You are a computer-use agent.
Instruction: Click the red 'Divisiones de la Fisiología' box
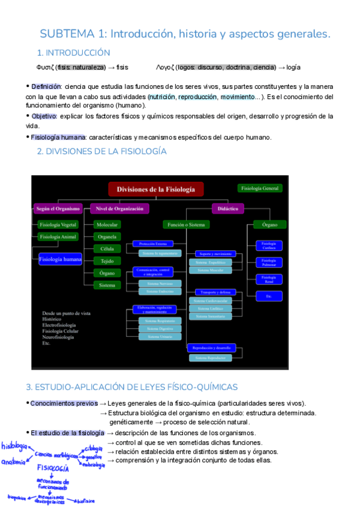[x=156, y=190]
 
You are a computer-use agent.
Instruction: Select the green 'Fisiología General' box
[x=260, y=188]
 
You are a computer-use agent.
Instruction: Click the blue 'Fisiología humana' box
[x=60, y=259]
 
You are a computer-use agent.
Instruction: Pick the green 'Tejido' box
[x=107, y=261]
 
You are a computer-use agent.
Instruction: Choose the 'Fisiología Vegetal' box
[x=58, y=224]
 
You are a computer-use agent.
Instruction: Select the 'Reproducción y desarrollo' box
[x=212, y=348]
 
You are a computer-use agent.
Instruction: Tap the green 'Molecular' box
[x=107, y=224]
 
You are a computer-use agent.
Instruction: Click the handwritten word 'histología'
[x=14, y=447]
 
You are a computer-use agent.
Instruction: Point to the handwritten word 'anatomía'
[x=14, y=462]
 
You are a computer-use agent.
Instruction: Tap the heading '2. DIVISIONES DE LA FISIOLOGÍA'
[x=101, y=152]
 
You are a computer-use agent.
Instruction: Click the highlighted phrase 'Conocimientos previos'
[x=64, y=403]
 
